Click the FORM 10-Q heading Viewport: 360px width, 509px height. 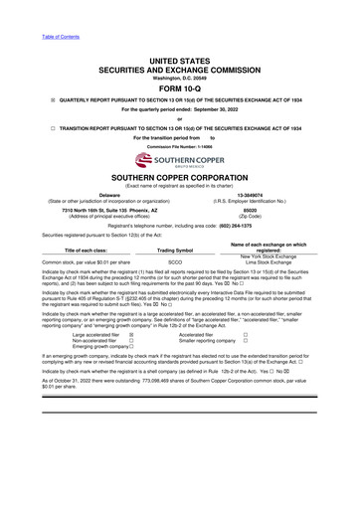point(179,87)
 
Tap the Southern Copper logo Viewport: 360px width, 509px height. point(179,158)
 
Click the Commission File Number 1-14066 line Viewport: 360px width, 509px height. point(179,145)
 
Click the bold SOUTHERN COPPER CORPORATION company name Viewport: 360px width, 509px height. point(179,177)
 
